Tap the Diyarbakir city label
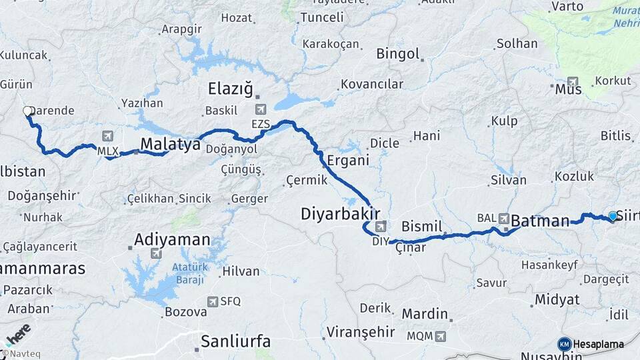(x=340, y=214)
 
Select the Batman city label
(x=540, y=221)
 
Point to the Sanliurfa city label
(x=236, y=342)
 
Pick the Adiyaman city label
(x=172, y=239)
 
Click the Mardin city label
(x=425, y=313)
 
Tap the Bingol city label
(x=398, y=54)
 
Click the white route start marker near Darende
(x=28, y=111)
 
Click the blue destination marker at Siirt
(x=613, y=216)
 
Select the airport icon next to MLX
(x=107, y=137)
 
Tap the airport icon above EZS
(x=260, y=109)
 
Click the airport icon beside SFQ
(x=213, y=301)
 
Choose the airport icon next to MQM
(x=441, y=336)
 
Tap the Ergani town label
(x=348, y=160)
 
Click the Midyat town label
(x=557, y=299)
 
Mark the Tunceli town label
(x=321, y=17)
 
